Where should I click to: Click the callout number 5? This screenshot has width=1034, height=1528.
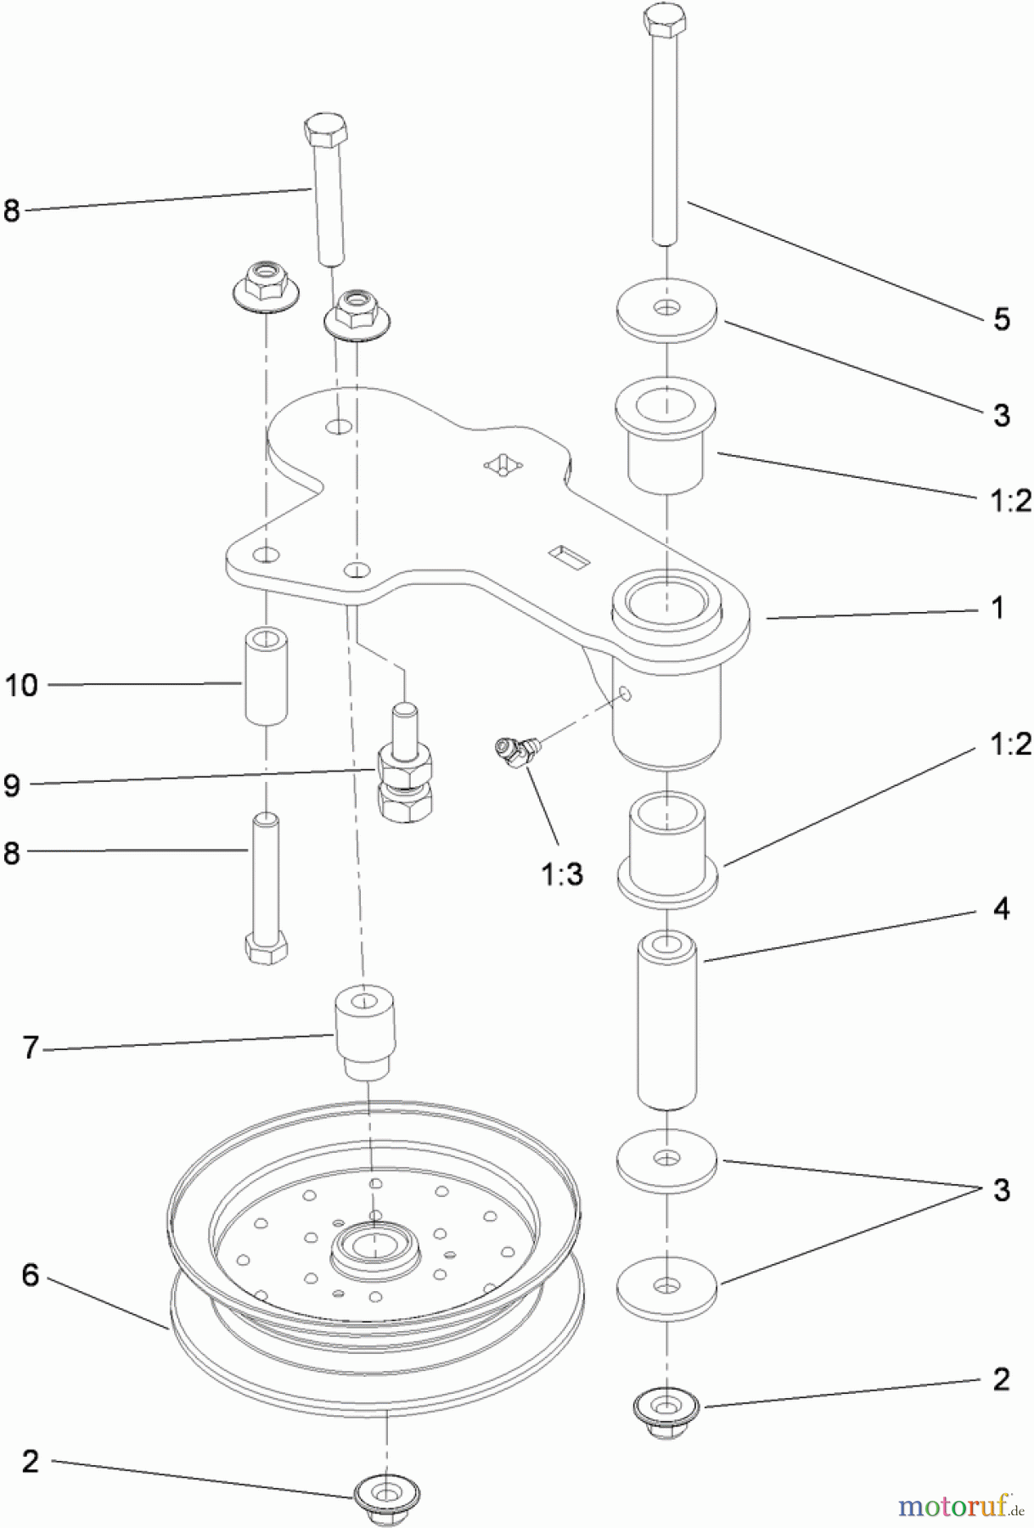[1002, 320]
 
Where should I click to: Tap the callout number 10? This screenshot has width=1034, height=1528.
[22, 685]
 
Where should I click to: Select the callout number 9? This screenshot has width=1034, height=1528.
[12, 784]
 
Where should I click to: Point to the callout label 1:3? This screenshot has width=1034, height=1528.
[562, 874]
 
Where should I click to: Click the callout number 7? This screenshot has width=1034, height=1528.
[31, 1048]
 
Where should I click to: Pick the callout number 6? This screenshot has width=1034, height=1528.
[31, 1274]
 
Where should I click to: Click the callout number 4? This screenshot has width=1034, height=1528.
[1002, 909]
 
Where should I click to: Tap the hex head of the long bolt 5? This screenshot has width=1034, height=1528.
[665, 19]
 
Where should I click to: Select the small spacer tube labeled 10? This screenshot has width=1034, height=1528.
[266, 675]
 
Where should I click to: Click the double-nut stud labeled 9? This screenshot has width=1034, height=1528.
[404, 772]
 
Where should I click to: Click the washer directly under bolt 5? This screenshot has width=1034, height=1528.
[667, 311]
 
